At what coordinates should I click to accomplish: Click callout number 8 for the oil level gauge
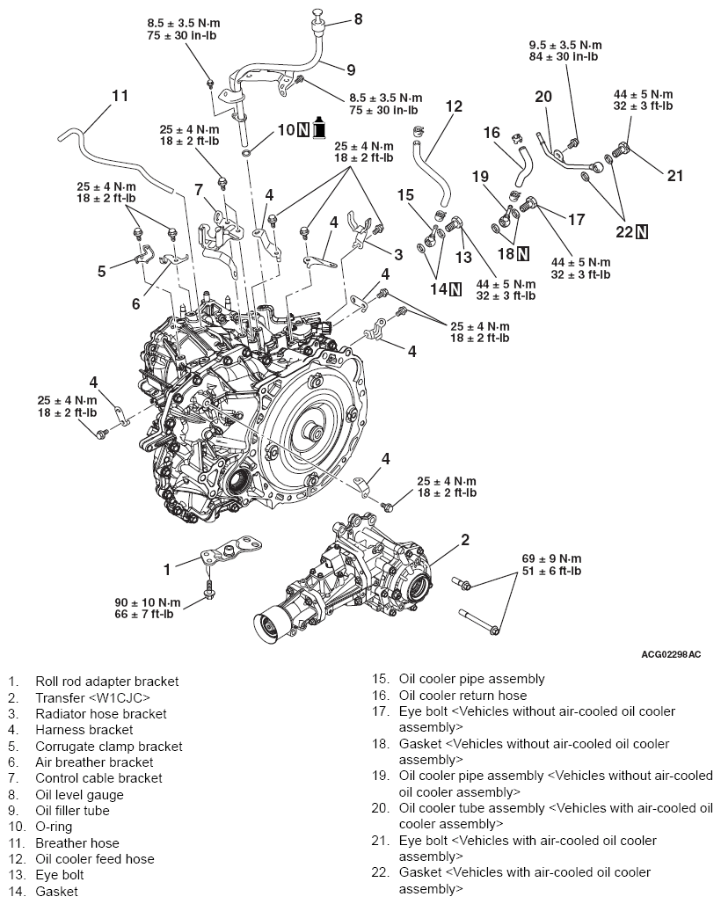pos(333,18)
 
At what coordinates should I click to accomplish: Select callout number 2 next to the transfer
pos(465,539)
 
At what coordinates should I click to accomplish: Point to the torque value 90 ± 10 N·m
pos(148,602)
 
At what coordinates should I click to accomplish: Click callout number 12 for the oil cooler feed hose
pos(454,106)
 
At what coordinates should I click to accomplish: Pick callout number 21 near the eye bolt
pos(674,175)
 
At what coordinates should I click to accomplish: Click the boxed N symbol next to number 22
pos(642,231)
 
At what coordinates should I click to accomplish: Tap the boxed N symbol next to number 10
pos(302,129)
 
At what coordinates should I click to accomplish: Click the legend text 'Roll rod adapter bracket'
pos(106,681)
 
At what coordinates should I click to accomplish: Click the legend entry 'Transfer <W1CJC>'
pos(87,697)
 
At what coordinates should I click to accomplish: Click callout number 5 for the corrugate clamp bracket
pos(102,271)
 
